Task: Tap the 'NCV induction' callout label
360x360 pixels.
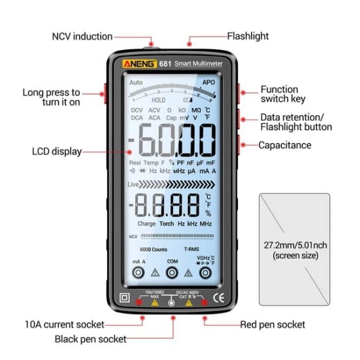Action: pyautogui.click(x=82, y=37)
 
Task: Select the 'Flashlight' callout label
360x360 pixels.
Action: pyautogui.click(x=248, y=36)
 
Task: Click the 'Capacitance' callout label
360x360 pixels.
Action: pyautogui.click(x=284, y=145)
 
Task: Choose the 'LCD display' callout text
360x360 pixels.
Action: pyautogui.click(x=57, y=151)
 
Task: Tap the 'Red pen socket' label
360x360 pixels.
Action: pyautogui.click(x=273, y=325)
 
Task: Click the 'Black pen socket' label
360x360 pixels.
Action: pyautogui.click(x=90, y=339)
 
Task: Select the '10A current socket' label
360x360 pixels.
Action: pyautogui.click(x=64, y=325)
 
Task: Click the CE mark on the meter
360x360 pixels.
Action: pyautogui.click(x=219, y=297)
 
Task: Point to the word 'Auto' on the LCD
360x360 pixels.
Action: pyautogui.click(x=136, y=82)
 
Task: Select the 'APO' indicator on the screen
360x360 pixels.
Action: pyautogui.click(x=208, y=82)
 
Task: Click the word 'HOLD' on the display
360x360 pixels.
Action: pyautogui.click(x=158, y=100)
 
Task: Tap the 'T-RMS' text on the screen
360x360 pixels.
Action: pyautogui.click(x=199, y=249)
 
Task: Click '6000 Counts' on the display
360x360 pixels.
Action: pyautogui.click(x=153, y=249)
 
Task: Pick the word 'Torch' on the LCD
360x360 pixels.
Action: pyautogui.click(x=167, y=224)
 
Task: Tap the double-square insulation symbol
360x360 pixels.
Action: pyautogui.click(x=124, y=298)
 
